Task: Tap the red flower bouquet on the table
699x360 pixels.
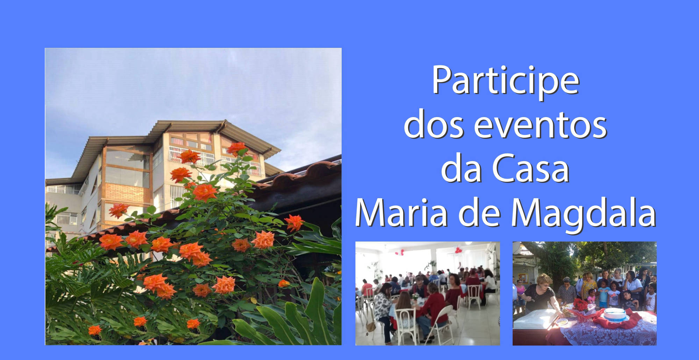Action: point(582,306)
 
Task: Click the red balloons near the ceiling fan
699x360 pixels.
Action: point(457,250)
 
